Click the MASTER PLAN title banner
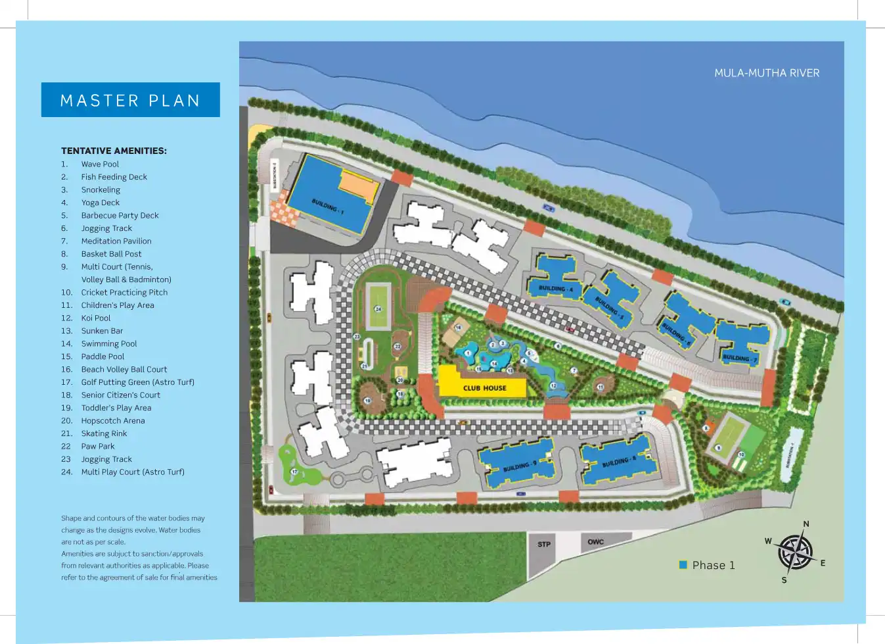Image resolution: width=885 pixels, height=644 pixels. click(130, 100)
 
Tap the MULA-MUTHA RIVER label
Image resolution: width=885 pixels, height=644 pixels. click(767, 73)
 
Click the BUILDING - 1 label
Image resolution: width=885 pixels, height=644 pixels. click(327, 207)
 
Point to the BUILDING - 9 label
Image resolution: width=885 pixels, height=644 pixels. click(520, 466)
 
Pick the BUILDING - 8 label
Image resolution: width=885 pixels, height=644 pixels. click(619, 462)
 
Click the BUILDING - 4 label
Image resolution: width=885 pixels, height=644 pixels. click(556, 288)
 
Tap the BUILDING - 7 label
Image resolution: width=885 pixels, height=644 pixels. click(740, 359)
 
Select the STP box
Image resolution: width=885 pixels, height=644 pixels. click(544, 545)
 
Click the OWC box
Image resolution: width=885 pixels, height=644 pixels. click(596, 542)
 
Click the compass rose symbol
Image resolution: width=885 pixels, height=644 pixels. click(795, 552)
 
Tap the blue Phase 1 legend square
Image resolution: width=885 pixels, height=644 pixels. click(683, 565)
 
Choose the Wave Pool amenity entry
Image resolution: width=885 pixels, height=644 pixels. click(100, 164)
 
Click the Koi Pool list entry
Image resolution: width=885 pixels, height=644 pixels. click(96, 318)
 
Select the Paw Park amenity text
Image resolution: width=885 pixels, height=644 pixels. click(98, 447)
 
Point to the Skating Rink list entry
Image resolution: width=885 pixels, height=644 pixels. click(104, 433)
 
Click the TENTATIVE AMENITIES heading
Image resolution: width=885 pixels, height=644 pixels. click(114, 151)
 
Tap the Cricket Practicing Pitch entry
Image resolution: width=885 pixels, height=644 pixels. click(124, 293)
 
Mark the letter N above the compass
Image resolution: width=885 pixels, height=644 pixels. click(806, 524)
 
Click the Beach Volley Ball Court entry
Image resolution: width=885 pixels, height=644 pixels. click(124, 370)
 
